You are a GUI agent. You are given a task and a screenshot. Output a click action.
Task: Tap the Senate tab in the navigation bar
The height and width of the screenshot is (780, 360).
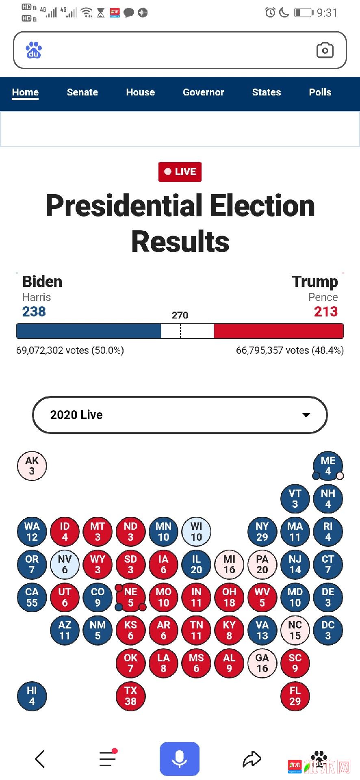coord(82,92)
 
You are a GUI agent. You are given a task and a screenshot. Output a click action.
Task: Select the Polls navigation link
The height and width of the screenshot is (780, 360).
coord(320,92)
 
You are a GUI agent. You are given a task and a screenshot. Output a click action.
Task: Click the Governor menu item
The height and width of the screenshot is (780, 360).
coord(203,92)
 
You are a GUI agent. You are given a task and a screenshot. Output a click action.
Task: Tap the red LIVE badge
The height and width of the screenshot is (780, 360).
coord(180,172)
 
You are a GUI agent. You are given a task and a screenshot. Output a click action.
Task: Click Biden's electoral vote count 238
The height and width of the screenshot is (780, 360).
coord(34,312)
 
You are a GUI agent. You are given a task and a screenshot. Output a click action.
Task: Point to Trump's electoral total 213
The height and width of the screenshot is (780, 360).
coord(325,312)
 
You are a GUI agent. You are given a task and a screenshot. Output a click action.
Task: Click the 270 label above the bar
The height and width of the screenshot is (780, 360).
coord(180,315)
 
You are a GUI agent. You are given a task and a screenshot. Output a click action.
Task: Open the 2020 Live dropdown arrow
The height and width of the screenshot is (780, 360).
coord(306,415)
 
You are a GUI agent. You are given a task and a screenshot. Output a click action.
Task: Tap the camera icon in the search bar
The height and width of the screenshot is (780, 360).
coord(325,50)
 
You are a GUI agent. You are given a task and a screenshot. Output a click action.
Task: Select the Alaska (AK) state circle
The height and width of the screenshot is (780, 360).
coord(32,466)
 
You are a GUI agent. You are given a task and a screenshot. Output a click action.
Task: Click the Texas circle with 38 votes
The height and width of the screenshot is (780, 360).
coord(130,695)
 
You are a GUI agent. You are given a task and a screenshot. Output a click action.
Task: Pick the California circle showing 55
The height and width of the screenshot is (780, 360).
coord(32,597)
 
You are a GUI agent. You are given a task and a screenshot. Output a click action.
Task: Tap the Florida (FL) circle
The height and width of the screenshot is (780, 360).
coord(295,695)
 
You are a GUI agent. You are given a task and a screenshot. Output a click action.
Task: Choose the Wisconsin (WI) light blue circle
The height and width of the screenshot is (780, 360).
coord(196,531)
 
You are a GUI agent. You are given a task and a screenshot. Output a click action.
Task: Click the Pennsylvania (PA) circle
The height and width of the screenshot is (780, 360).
coord(262,564)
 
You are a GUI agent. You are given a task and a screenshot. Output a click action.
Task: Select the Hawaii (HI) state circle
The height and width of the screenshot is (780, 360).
coord(32,695)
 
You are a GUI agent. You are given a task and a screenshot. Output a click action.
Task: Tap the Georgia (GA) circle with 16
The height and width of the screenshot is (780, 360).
coord(262,663)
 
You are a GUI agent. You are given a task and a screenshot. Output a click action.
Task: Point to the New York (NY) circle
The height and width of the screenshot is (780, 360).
coord(262,531)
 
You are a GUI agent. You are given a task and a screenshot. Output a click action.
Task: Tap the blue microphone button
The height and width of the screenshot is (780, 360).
coord(180,759)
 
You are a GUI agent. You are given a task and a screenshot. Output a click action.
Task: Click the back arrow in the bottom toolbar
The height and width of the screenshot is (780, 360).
coord(40,758)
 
